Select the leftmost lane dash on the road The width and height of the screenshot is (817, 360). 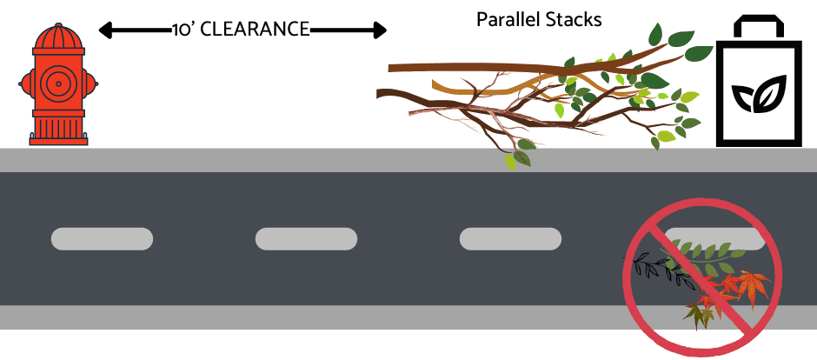pyautogui.click(x=102, y=238)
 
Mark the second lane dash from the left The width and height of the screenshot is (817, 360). pyautogui.click(x=306, y=238)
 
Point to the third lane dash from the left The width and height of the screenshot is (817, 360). pyautogui.click(x=510, y=238)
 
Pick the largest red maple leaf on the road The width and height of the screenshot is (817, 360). pyautogui.click(x=749, y=283)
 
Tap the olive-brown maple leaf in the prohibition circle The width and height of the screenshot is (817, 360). pyautogui.click(x=700, y=314)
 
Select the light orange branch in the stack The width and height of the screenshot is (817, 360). pyautogui.click(x=487, y=84)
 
